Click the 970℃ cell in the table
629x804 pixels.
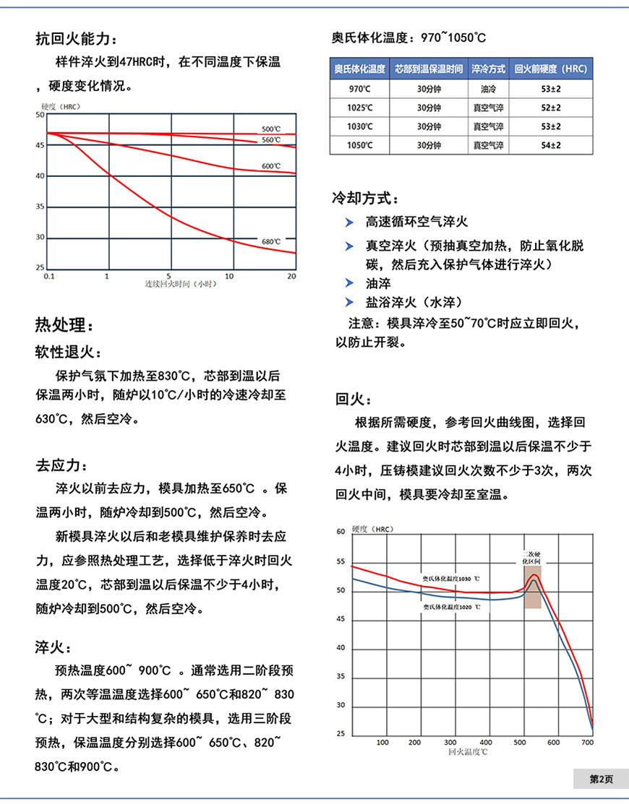pos(359,89)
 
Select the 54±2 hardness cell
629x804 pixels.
pos(551,145)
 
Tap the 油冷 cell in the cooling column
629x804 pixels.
pos(489,89)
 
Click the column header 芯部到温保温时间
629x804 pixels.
pos(429,69)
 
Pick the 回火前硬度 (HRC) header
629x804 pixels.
pos(551,69)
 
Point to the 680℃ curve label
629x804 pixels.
pos(271,241)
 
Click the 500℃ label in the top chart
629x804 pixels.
pos(271,129)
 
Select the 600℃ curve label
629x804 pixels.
pos(271,166)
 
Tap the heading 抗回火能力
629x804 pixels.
pos(75,39)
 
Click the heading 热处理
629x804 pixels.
pos(64,324)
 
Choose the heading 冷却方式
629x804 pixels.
pos(365,198)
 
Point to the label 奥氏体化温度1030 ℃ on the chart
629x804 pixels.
pos(452,579)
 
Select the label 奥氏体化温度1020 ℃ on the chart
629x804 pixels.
pos(452,608)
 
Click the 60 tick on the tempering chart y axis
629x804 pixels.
pos(341,532)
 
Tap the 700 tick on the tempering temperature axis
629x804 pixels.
pos(587,742)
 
